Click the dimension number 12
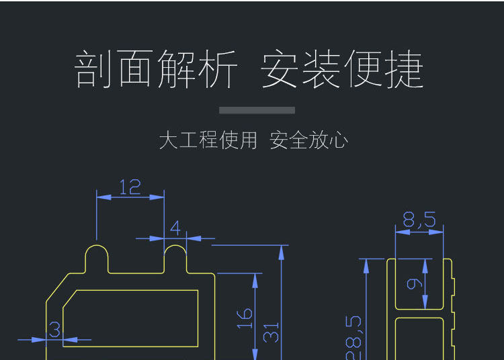[130, 187]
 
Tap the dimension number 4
[175, 228]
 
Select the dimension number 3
[55, 330]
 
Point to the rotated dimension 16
[245, 318]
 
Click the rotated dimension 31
[271, 332]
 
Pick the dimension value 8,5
[419, 220]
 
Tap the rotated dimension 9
[415, 283]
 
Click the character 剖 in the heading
[93, 69]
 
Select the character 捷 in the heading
[405, 69]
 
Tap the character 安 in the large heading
[280, 69]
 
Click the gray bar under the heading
[257, 110]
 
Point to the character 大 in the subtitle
[168, 140]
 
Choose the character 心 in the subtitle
[339, 140]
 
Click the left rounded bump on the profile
[97, 256]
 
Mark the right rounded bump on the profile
[175, 256]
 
